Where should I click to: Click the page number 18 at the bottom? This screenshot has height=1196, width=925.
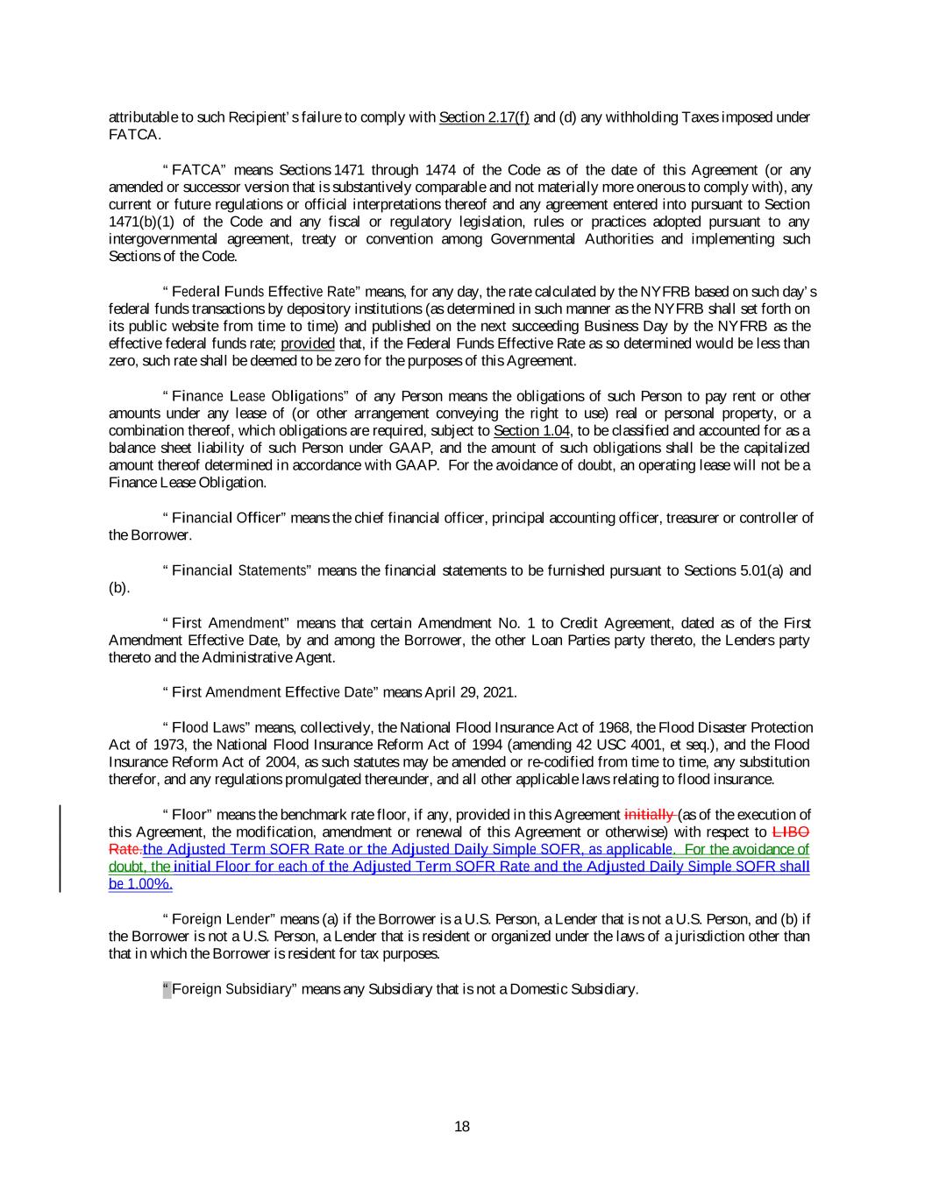pos(462,1127)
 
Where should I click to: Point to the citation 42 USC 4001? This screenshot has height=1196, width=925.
pos(621,745)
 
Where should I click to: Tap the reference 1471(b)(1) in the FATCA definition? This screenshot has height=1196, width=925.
pos(140,222)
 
